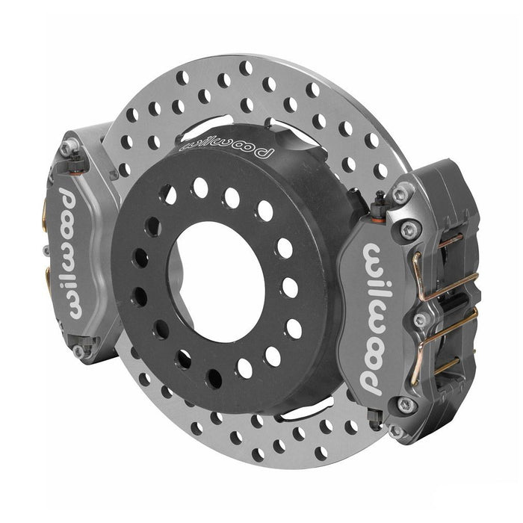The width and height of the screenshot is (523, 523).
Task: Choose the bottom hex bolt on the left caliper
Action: (77, 350)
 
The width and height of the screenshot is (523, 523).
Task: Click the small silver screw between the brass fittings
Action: (46, 250)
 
